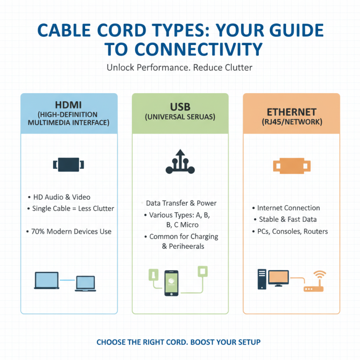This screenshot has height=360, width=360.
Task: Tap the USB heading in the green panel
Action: coord(180,107)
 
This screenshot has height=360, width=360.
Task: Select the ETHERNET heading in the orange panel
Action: coord(291,111)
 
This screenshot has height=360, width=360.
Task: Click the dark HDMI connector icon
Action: coord(69,164)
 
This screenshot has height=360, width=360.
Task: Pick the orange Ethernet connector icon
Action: coord(291,166)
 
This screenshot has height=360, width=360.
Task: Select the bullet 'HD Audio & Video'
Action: coord(62,197)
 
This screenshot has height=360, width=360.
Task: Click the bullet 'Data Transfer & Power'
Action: coord(181,203)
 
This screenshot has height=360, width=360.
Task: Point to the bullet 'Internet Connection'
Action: coord(288,208)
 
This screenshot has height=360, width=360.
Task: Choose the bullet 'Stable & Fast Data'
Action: coord(288,220)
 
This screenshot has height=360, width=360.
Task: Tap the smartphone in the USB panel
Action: coord(171,283)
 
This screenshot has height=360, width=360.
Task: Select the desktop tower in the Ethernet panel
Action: coord(261,279)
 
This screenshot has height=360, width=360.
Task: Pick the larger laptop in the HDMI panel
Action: coord(47,280)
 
